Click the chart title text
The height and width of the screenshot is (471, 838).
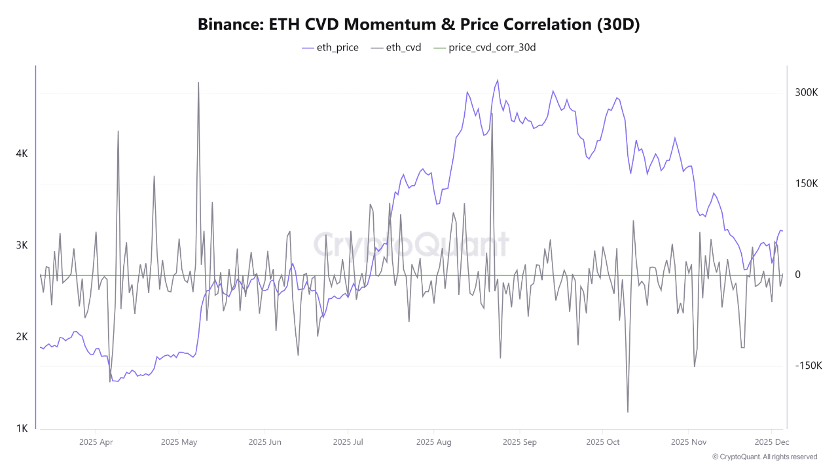[x=419, y=24]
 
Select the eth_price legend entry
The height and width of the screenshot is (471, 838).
[x=330, y=47]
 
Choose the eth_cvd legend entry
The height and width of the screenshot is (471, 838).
[x=395, y=47]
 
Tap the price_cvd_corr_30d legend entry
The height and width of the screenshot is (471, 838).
[x=484, y=47]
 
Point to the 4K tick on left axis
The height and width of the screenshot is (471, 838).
[x=22, y=154]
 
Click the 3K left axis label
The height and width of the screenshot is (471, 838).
[x=22, y=245]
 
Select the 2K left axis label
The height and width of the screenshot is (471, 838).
[x=22, y=337]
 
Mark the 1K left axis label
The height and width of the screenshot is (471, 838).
[x=22, y=428]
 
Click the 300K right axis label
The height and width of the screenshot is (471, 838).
[x=807, y=93]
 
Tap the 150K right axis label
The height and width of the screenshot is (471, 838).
[x=807, y=184]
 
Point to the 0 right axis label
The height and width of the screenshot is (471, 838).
[x=797, y=275]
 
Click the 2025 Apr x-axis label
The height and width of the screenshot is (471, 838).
[x=96, y=442]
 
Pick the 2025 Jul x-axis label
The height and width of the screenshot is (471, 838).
[x=349, y=442]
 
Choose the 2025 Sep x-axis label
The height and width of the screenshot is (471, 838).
[x=520, y=442]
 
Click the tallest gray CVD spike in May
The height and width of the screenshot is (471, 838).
[x=198, y=83]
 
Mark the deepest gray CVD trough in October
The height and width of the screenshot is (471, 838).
[x=628, y=411]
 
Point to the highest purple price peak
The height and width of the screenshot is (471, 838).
[x=498, y=80]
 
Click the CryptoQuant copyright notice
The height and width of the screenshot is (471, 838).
[x=764, y=457]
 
